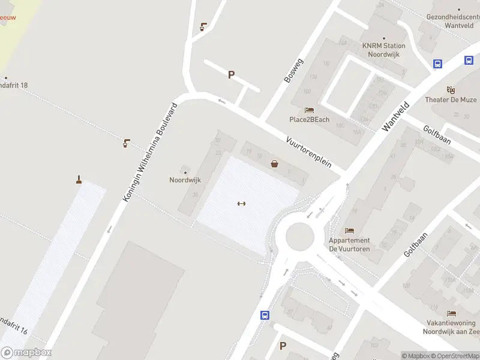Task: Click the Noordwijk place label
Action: [185, 179]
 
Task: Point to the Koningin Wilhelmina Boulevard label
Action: [151, 152]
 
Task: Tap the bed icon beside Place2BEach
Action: [309, 110]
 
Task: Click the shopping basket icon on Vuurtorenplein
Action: [275, 163]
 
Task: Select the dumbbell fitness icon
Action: [242, 203]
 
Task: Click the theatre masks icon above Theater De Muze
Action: [451, 89]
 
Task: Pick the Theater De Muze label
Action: [451, 100]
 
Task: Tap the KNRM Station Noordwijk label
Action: [383, 49]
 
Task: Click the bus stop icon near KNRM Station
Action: [438, 64]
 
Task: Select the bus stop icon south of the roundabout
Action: [264, 314]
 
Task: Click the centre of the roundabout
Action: [299, 236]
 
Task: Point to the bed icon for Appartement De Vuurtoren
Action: [349, 230]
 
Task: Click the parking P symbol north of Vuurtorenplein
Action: [231, 75]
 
